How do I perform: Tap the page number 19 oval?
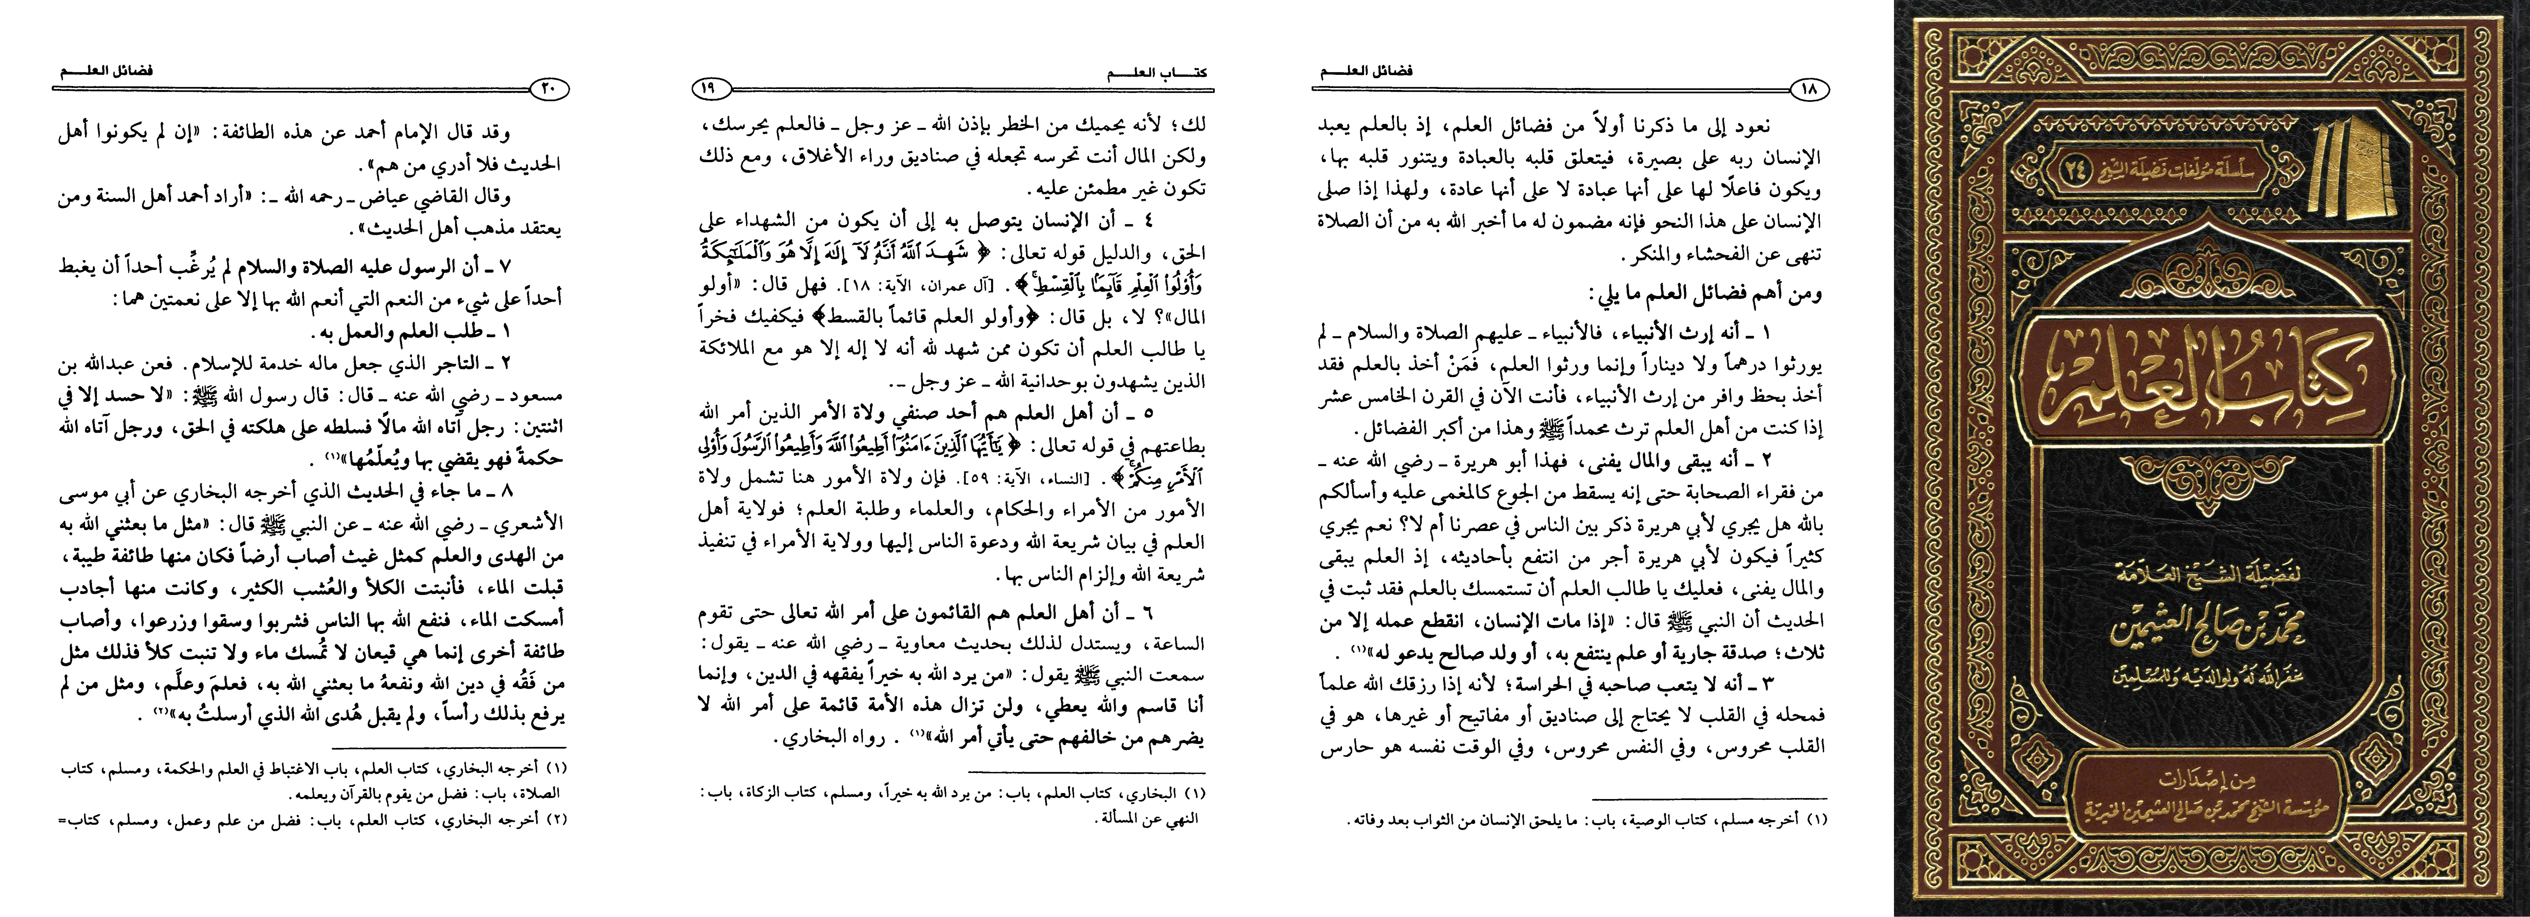[x=709, y=89]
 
